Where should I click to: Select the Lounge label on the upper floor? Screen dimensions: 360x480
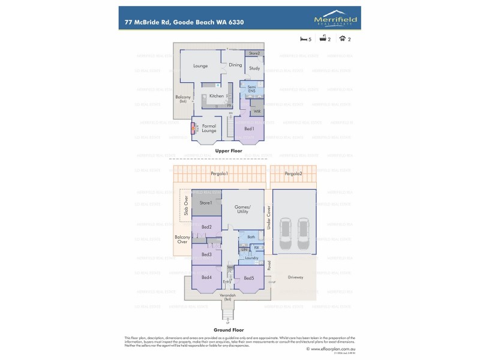tap(200, 66)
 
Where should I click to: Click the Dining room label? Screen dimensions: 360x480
tap(235, 65)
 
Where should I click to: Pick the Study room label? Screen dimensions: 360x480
tap(254, 69)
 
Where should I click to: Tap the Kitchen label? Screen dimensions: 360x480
tap(217, 96)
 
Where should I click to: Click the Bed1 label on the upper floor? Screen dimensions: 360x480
tap(249, 128)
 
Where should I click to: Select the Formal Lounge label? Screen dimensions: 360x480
tap(209, 128)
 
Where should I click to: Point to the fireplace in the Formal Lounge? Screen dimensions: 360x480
tap(194, 127)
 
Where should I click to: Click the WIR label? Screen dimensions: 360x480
tap(257, 112)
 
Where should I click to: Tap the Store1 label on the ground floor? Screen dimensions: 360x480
tap(206, 203)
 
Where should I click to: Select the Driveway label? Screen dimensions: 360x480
tap(296, 277)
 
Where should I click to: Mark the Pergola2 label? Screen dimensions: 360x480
tap(293, 173)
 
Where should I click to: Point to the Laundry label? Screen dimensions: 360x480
tap(251, 258)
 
